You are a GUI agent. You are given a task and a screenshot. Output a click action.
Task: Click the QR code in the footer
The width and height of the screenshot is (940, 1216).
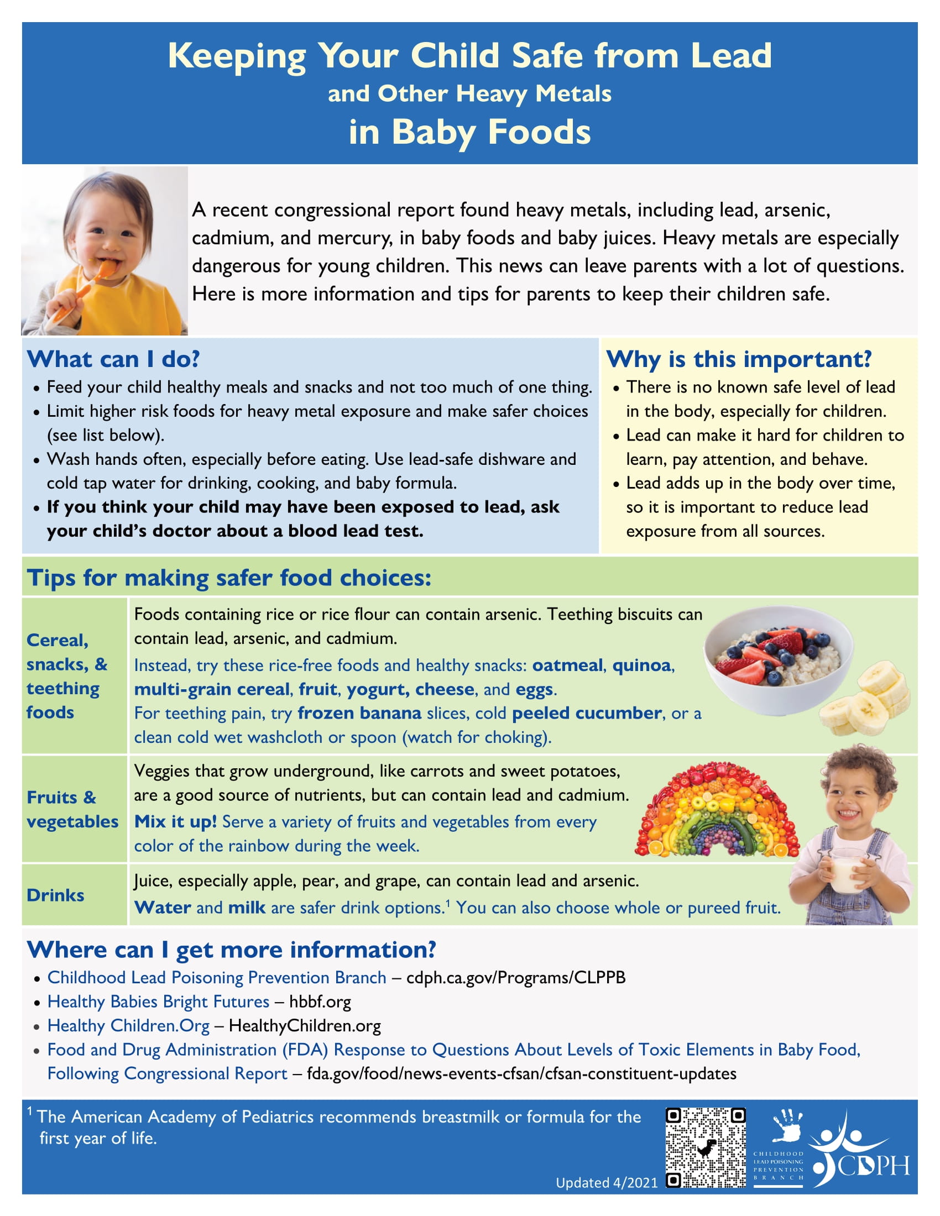pos(706,1148)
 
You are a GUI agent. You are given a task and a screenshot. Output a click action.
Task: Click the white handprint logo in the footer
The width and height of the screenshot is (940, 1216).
pos(786,1125)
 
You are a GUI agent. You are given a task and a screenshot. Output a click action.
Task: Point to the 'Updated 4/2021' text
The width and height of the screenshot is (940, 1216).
pos(607,1183)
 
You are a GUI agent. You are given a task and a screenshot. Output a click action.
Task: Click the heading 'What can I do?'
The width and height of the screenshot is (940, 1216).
pos(113,359)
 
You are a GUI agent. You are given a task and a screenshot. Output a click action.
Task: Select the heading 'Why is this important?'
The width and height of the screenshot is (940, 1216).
pos(738,359)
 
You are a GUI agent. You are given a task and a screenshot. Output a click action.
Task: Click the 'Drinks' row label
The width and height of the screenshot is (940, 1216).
pos(55,895)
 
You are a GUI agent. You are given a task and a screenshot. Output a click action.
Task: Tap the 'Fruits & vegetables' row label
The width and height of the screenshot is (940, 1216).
pos(72,810)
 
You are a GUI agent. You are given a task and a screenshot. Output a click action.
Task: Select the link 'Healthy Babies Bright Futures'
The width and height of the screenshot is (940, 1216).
pos(158,1002)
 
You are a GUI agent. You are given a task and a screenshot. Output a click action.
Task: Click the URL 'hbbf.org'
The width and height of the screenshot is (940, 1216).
pos(320,1002)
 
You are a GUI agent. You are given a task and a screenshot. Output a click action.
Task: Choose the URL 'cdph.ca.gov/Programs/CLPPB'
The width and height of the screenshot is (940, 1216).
pos(516,978)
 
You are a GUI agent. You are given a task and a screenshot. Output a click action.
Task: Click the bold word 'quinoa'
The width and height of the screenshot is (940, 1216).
pos(641,665)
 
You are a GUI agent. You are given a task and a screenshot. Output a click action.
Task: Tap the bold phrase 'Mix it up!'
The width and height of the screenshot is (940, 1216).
pos(175,822)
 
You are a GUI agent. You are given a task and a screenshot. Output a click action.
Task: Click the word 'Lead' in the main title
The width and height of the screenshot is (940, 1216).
pos(730,56)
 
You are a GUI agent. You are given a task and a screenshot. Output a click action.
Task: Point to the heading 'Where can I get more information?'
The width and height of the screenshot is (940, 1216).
pos(231,950)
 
